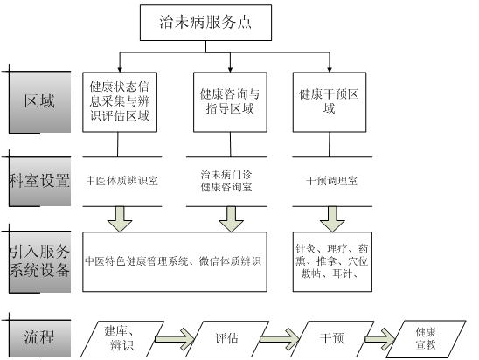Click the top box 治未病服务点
pyautogui.click(x=205, y=23)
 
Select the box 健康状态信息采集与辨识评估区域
pyautogui.click(x=120, y=102)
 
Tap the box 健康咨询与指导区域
pyautogui.click(x=230, y=102)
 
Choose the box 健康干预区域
pyautogui.click(x=330, y=102)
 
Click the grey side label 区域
pyautogui.click(x=40, y=102)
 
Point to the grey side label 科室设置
pyautogui.click(x=40, y=182)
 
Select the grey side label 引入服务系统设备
pyautogui.click(x=40, y=261)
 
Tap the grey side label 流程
pyautogui.click(x=40, y=338)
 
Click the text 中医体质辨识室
pyautogui.click(x=121, y=181)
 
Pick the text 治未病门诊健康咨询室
pyautogui.click(x=226, y=181)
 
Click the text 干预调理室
pyautogui.click(x=332, y=181)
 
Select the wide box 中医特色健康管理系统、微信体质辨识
pyautogui.click(x=175, y=261)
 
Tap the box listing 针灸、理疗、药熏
pyautogui.click(x=332, y=261)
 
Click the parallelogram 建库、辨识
pyautogui.click(x=122, y=339)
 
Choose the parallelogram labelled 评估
pyautogui.click(x=227, y=339)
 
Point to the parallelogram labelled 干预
pyautogui.click(x=332, y=339)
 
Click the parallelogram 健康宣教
pyautogui.click(x=426, y=339)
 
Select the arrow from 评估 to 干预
pyautogui.click(x=280, y=339)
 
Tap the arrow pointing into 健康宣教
pyautogui.click(x=380, y=339)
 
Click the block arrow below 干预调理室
pyautogui.click(x=332, y=219)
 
